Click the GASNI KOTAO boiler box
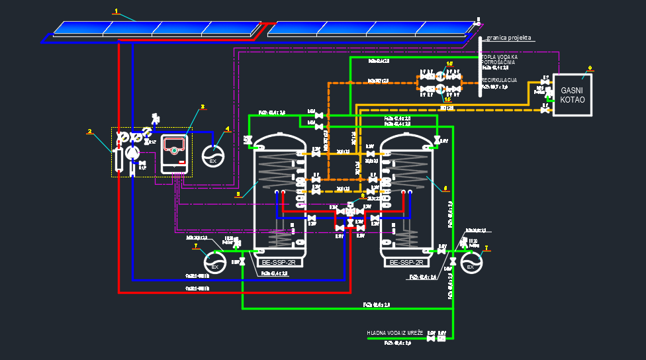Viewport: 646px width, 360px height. pos(573,95)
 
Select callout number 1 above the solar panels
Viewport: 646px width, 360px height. pos(116,11)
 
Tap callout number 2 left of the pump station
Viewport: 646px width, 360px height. pos(89,131)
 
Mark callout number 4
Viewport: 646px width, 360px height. pos(227,129)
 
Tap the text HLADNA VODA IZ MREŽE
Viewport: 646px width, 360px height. pos(396,332)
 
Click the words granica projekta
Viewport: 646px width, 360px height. pos(510,38)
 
